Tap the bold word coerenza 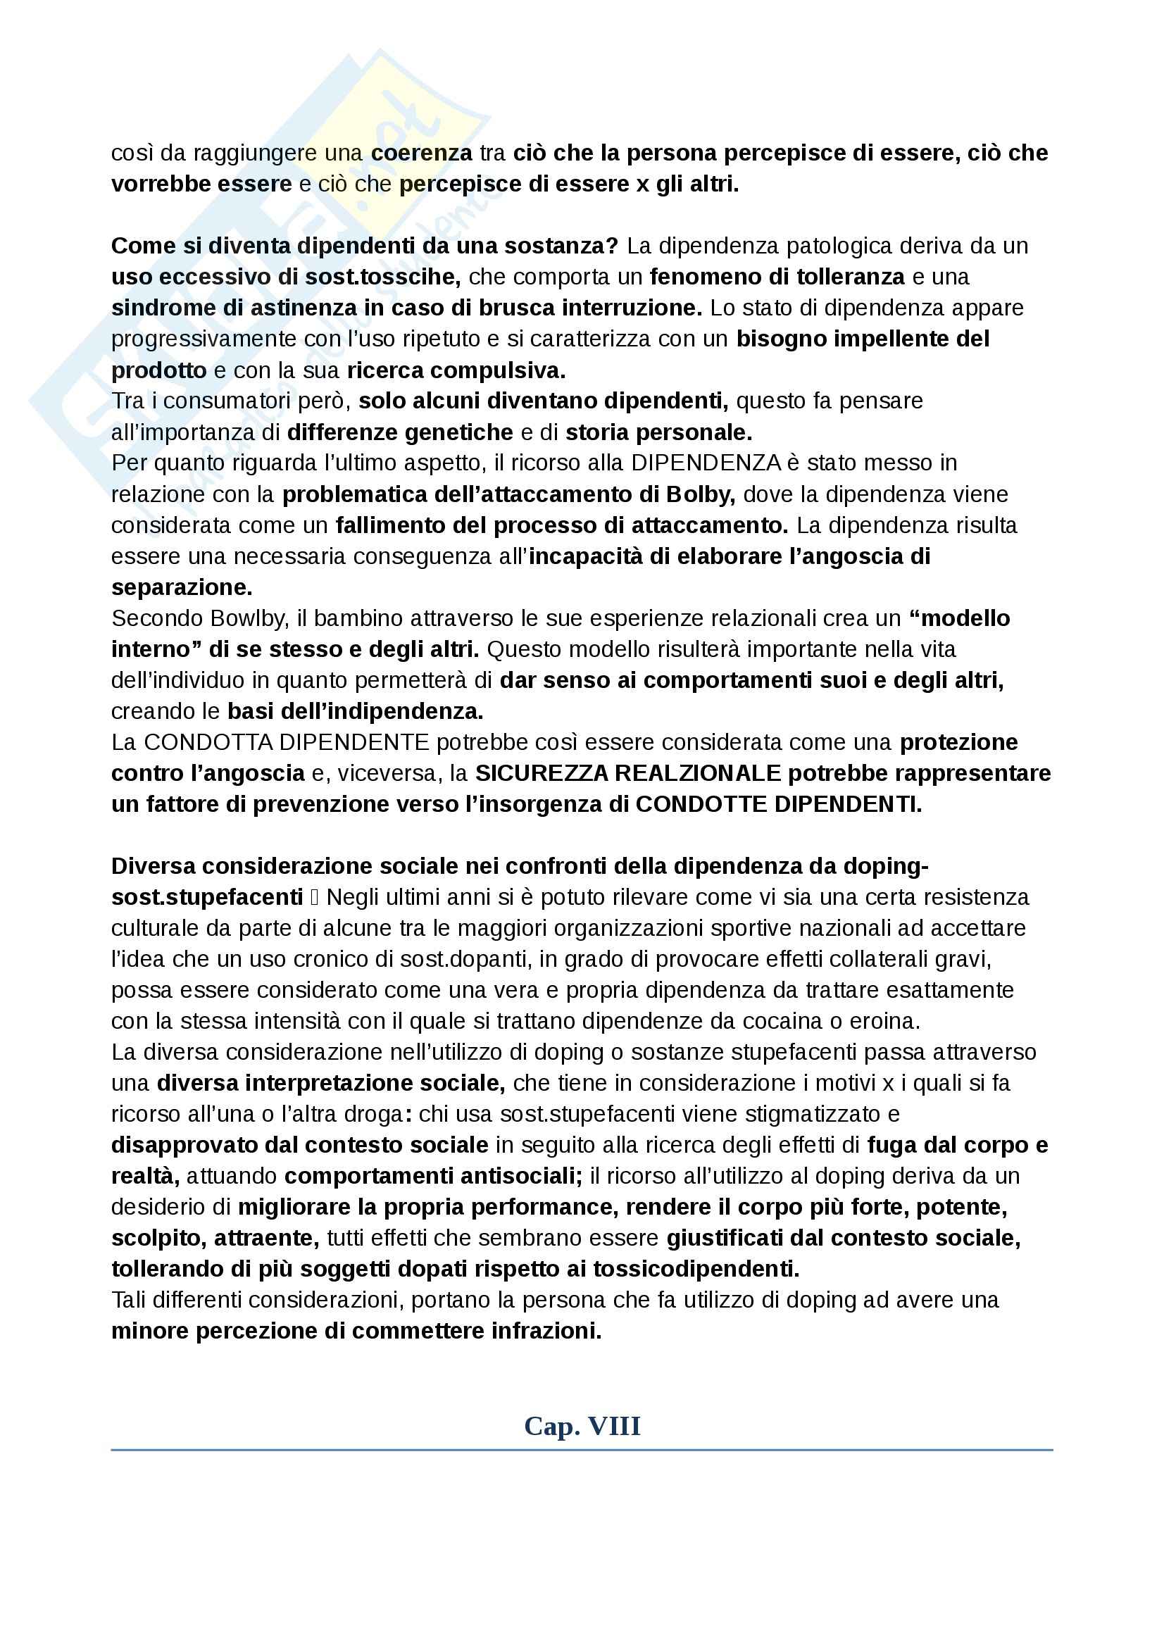point(422,153)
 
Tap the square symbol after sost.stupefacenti point(315,898)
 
